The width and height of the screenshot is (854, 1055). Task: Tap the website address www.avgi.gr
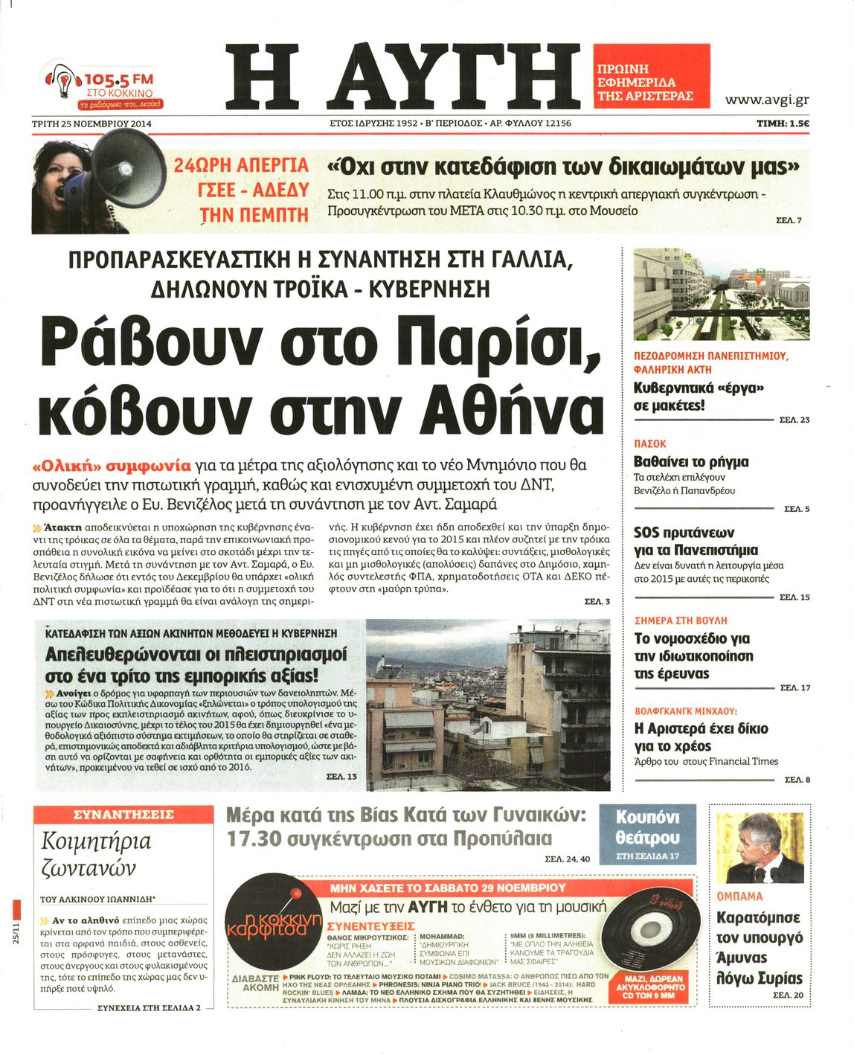(x=766, y=100)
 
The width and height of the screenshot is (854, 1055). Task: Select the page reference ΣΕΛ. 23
(x=794, y=420)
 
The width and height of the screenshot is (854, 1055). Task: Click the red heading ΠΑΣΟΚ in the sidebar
(x=650, y=443)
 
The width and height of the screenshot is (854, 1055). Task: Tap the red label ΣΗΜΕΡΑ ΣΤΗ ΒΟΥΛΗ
(x=681, y=621)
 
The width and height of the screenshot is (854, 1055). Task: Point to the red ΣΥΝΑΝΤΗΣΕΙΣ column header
(x=123, y=815)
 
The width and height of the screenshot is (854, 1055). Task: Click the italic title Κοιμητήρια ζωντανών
(x=97, y=854)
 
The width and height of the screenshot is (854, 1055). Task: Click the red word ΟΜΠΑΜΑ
(x=739, y=897)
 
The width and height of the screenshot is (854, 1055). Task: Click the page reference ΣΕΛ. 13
(x=341, y=777)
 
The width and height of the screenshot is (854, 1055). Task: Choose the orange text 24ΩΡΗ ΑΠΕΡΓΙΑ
(x=241, y=164)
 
